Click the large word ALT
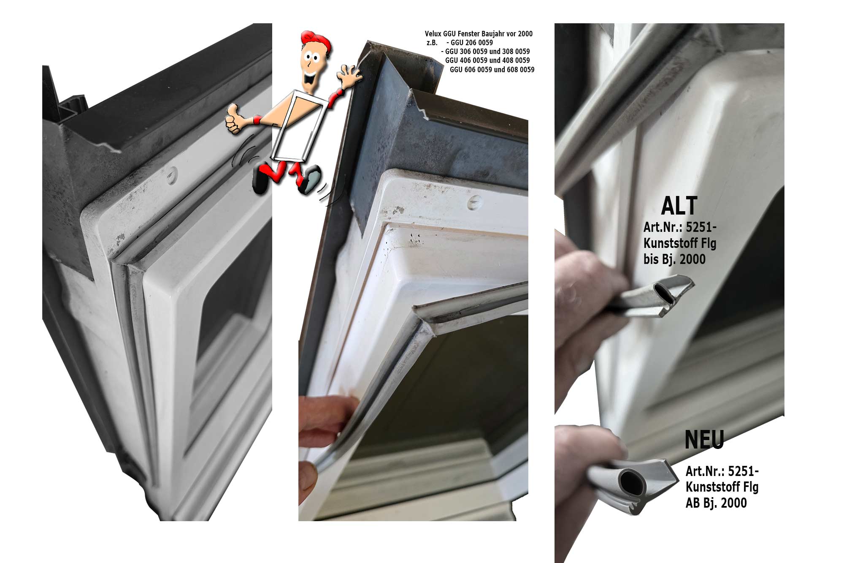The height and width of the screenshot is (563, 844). coord(679,206)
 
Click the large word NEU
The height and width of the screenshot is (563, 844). coord(704,440)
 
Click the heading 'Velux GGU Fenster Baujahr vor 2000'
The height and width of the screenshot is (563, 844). coord(479,34)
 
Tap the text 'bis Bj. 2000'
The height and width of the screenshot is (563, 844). coord(674,259)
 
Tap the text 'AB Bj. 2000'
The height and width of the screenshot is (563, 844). coord(716,503)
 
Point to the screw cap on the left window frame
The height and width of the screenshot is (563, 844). coord(171,175)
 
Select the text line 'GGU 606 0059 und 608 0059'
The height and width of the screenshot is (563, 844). coord(492,70)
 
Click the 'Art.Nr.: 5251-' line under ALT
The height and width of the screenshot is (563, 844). coord(680,227)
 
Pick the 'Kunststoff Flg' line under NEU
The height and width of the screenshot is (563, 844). coord(722,487)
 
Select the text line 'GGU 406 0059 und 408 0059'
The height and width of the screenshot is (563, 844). coord(487,60)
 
